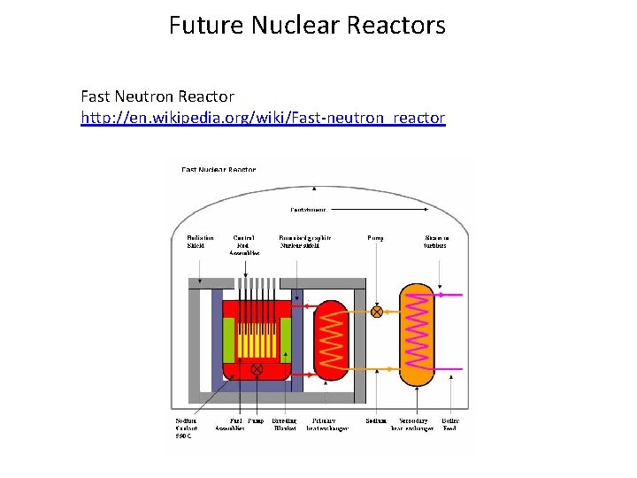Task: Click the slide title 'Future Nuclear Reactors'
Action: click(x=307, y=25)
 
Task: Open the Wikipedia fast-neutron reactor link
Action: click(x=263, y=117)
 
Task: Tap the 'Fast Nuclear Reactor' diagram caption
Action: click(x=219, y=169)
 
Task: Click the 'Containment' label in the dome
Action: click(x=309, y=210)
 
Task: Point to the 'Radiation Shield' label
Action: click(x=199, y=242)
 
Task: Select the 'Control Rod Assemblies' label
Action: click(x=245, y=245)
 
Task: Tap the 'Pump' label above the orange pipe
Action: click(x=375, y=238)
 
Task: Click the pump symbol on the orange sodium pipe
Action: click(x=377, y=312)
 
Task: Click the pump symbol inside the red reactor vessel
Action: click(x=257, y=368)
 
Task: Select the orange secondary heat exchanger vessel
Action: click(x=418, y=334)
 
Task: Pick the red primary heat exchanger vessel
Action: click(x=330, y=339)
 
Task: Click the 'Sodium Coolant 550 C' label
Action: click(x=186, y=428)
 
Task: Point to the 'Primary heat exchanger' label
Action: click(x=329, y=424)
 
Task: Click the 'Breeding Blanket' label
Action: click(x=283, y=424)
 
